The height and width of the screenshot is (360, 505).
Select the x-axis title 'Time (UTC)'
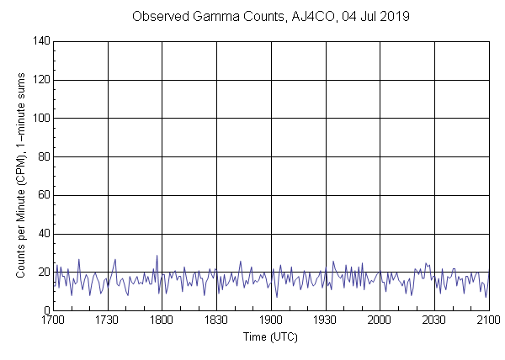point(270,336)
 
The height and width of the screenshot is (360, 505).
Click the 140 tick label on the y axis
point(39,41)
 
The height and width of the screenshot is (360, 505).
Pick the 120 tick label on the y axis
point(39,80)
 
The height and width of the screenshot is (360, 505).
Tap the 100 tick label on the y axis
point(39,119)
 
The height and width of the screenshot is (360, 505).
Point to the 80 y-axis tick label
point(41,157)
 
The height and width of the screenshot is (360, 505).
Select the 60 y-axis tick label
point(41,196)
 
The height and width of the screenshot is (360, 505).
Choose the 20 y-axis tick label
point(41,273)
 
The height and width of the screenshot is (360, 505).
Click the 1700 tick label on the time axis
point(53,320)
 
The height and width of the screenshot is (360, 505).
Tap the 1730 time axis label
point(107,320)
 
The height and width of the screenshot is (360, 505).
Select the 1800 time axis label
point(162,320)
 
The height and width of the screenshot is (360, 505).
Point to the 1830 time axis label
point(216,320)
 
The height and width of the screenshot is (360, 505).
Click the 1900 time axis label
point(271,320)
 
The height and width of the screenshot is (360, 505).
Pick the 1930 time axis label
point(325,320)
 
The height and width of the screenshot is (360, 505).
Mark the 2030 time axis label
point(434,320)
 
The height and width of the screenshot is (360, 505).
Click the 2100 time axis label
point(488,320)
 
